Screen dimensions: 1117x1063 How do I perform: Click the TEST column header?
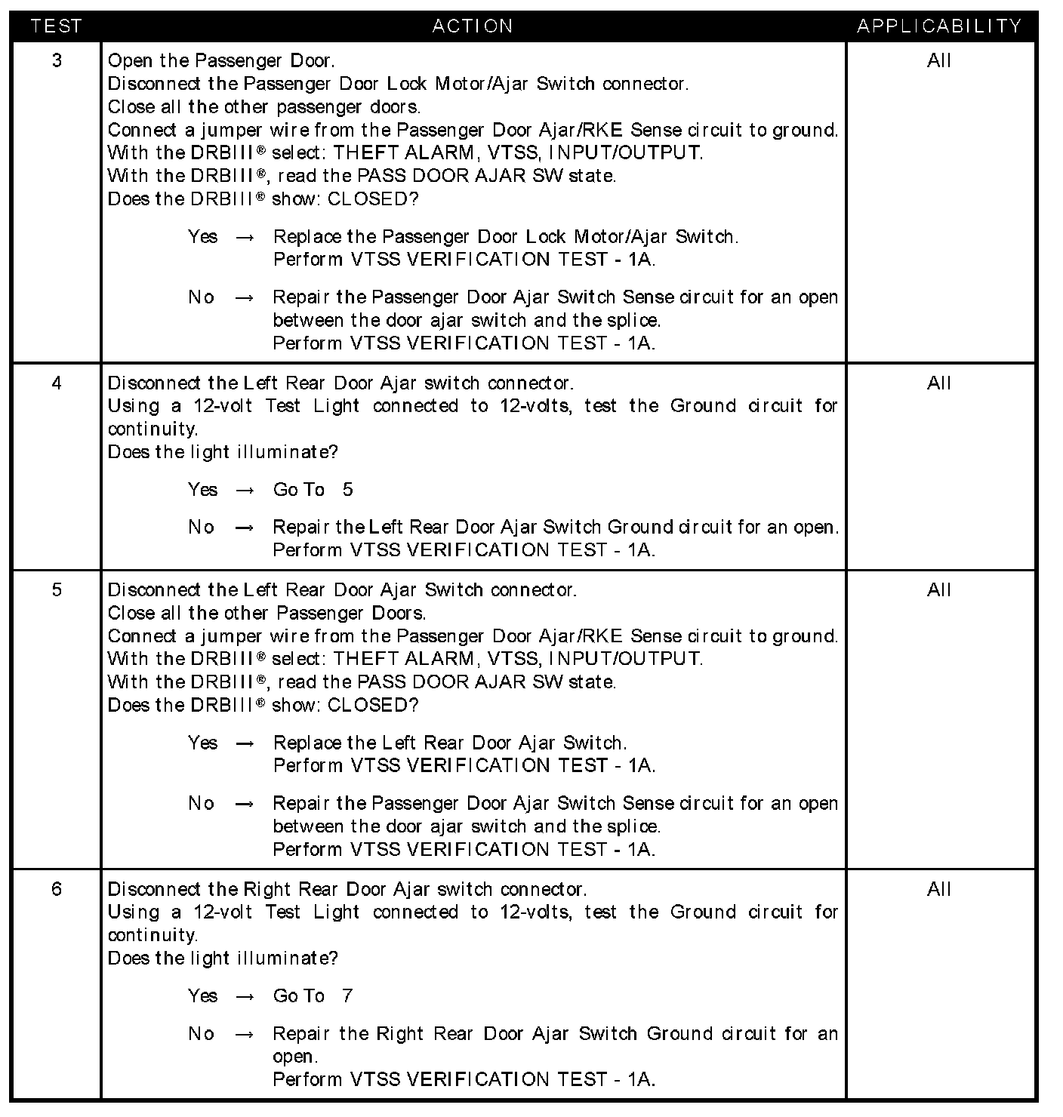coord(56,26)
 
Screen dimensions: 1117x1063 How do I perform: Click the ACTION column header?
coord(473,26)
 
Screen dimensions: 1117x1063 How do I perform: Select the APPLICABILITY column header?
coord(939,26)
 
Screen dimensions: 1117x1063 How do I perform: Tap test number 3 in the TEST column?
coord(57,60)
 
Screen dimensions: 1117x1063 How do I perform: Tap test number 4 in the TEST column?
coord(57,383)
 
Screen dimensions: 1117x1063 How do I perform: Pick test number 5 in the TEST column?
coord(57,589)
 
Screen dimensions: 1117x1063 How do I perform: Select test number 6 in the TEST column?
coord(57,889)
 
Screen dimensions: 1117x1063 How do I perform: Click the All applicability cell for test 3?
coord(939,60)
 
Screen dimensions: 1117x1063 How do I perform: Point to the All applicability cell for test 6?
coord(939,889)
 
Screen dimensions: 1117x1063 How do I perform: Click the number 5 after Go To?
coord(347,490)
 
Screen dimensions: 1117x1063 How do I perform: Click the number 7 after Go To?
coord(347,996)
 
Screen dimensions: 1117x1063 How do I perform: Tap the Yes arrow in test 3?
coord(245,237)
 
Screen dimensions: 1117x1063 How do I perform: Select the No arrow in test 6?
coord(245,1034)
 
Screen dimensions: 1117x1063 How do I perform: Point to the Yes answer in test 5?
coord(202,743)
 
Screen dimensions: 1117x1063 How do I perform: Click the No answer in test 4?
coord(201,528)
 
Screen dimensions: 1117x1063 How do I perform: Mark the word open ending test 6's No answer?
coord(294,1057)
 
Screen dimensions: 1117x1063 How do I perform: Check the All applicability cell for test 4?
coord(939,383)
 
